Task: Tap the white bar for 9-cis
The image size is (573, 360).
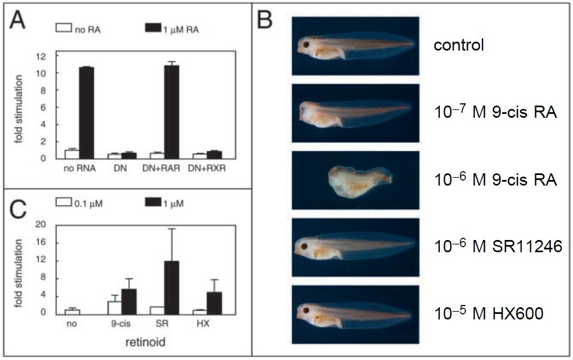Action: tap(114, 306)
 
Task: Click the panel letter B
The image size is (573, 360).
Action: tap(266, 21)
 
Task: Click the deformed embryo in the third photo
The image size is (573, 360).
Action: tap(360, 180)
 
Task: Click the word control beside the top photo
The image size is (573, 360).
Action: tap(459, 44)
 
